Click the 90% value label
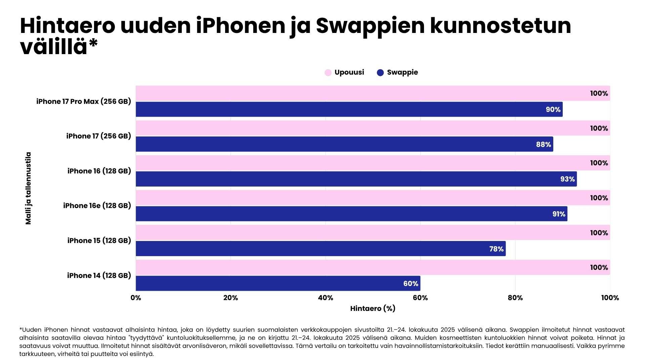pos(553,110)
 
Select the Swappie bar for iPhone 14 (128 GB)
pos(278,283)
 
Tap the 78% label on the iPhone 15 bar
pos(496,249)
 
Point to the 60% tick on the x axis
pos(420,298)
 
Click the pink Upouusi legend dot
pos(328,73)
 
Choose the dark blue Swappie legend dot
pos(380,73)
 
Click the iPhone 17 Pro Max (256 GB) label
pos(84,102)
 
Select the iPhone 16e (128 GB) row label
pos(97,206)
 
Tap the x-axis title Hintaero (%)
pos(373,309)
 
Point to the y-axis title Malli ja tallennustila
pos(28,188)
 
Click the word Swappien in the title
pos(370,26)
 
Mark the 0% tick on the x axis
pos(136,298)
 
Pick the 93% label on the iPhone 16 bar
pos(567,179)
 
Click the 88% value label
pos(543,145)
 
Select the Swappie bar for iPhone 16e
pos(351,214)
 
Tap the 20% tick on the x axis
pos(230,298)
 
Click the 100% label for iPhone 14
pos(599,268)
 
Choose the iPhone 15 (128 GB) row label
pos(99,241)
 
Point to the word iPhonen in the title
pos(241,26)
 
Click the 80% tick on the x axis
pos(515,298)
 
